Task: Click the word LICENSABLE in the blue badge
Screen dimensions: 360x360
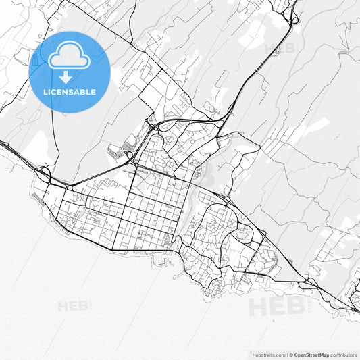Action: (69, 91)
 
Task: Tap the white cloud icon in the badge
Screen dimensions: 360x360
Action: (69, 57)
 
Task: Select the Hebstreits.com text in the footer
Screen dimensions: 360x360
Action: (269, 354)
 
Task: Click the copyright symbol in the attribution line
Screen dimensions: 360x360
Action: (290, 354)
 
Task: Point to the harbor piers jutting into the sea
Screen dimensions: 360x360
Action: (159, 259)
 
